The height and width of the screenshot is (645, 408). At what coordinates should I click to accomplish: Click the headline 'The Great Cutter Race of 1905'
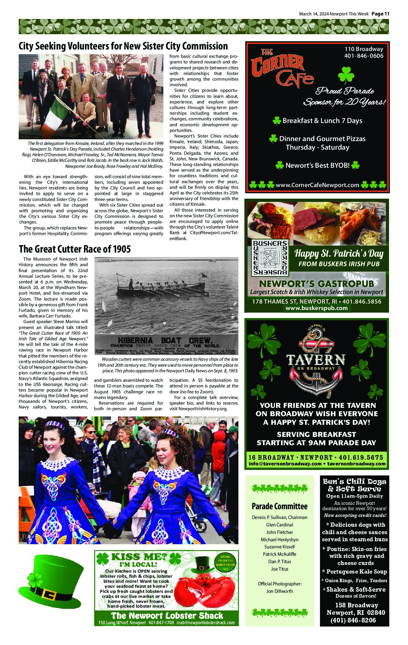(x=75, y=249)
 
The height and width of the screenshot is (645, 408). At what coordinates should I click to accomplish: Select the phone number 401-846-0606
(x=364, y=56)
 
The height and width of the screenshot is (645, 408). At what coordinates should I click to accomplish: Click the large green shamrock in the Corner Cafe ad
(x=346, y=75)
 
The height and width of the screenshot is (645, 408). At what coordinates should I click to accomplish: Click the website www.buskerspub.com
(x=317, y=308)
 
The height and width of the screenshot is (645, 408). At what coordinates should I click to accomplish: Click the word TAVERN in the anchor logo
(x=316, y=360)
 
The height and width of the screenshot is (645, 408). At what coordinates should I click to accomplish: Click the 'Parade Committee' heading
(x=279, y=506)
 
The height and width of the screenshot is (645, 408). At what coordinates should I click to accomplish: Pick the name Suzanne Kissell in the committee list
(x=279, y=547)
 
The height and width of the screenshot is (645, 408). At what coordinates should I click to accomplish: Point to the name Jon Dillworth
(x=279, y=591)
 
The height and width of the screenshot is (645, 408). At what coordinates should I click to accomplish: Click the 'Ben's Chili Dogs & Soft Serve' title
(x=354, y=485)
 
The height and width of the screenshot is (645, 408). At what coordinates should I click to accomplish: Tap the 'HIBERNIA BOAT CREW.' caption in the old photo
(x=165, y=340)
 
